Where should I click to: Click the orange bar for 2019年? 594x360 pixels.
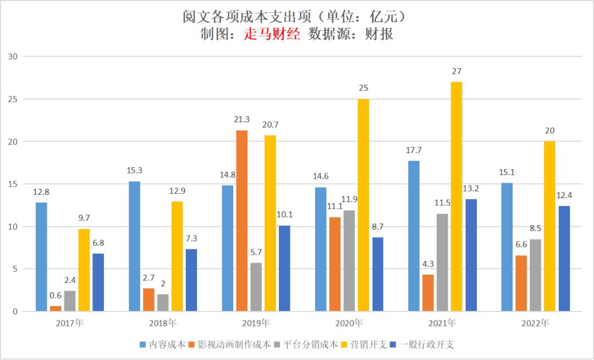(x=241, y=221)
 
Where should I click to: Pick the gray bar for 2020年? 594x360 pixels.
(x=349, y=261)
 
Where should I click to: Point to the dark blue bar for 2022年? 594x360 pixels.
(x=564, y=259)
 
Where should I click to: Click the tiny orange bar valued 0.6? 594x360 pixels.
(x=56, y=309)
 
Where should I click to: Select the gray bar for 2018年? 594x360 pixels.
(x=163, y=303)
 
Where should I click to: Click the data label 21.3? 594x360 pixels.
(x=241, y=120)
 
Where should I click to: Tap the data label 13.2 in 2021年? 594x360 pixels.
(x=471, y=189)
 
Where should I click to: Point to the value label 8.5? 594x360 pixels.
(x=535, y=228)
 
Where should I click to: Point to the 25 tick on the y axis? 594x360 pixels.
(x=13, y=99)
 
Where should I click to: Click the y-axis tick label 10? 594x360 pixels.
(x=13, y=227)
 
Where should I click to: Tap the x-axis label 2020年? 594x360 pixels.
(x=349, y=323)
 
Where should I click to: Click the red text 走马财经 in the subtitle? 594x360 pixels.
(x=272, y=34)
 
